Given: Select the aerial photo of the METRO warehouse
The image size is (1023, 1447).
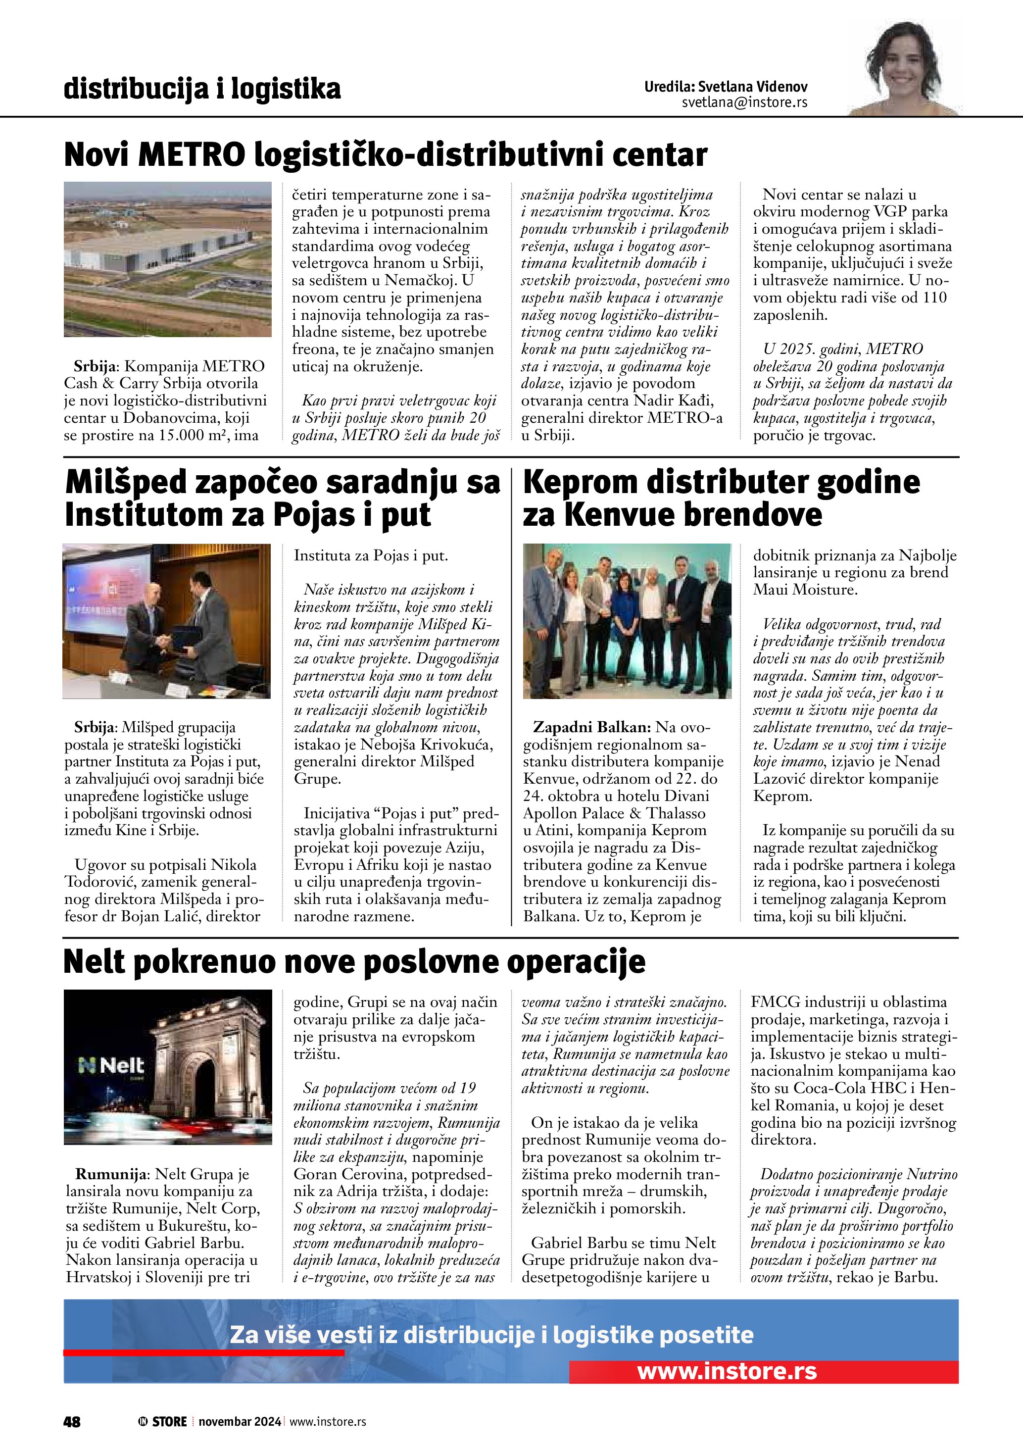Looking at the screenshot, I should click(168, 259).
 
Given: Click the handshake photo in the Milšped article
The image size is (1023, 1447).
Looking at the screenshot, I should click(167, 621).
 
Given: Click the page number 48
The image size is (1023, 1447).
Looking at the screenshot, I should click(72, 1422).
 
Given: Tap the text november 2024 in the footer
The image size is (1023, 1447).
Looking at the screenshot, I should click(240, 1422).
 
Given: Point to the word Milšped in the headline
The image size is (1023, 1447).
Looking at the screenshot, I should click(126, 483).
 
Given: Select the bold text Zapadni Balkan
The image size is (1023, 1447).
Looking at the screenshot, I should click(591, 727).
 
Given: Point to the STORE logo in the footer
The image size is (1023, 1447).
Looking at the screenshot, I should click(163, 1422).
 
